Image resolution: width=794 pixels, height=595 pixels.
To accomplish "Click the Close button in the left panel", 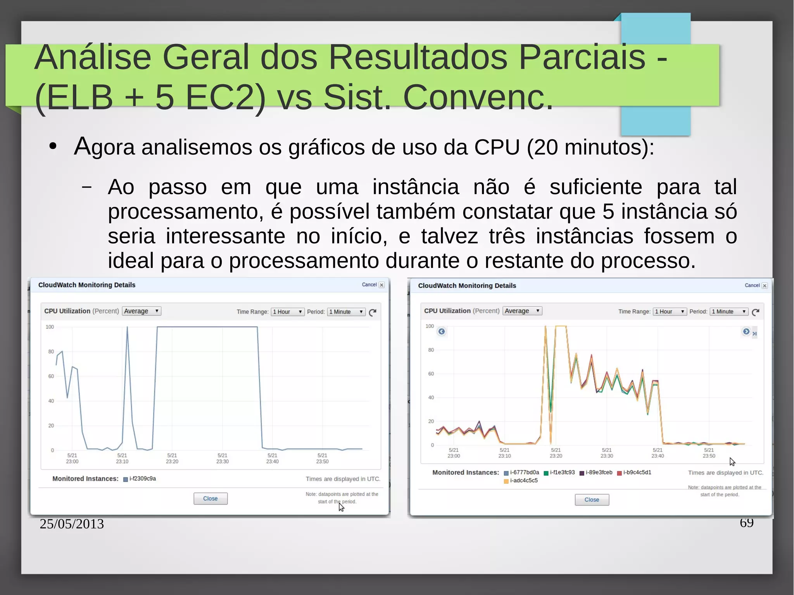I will tap(211, 498).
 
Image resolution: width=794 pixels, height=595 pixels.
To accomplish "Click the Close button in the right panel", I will tap(592, 500).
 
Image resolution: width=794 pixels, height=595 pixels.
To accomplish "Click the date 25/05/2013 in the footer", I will tap(72, 524).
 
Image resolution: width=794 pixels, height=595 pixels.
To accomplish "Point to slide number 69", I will tap(746, 523).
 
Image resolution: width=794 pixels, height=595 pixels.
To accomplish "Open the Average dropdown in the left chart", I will tap(141, 311).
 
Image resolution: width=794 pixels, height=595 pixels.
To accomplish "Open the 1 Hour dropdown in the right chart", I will tap(670, 312).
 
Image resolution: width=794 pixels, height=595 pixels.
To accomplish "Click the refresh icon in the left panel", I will tap(373, 312).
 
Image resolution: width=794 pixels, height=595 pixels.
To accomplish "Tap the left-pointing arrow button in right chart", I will tap(442, 331).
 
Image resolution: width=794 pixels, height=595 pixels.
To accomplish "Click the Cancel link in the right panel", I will tap(752, 286).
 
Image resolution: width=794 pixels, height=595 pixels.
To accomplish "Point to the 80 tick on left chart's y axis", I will tap(51, 352).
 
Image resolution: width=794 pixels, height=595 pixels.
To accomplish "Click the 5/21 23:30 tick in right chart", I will tap(607, 453).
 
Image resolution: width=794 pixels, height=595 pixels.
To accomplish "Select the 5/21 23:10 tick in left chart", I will tap(122, 458).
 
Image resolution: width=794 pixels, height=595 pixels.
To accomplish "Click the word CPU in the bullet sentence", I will tap(497, 148).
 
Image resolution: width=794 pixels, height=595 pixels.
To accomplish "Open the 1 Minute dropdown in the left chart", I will tap(346, 312).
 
